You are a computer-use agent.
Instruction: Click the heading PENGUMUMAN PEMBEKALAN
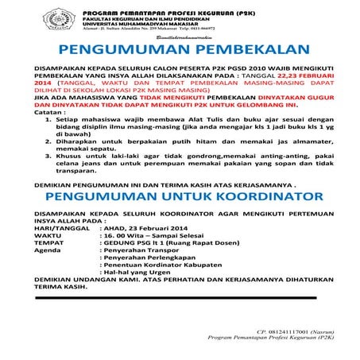[180, 50]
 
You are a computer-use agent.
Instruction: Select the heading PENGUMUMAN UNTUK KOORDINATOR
[180, 195]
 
